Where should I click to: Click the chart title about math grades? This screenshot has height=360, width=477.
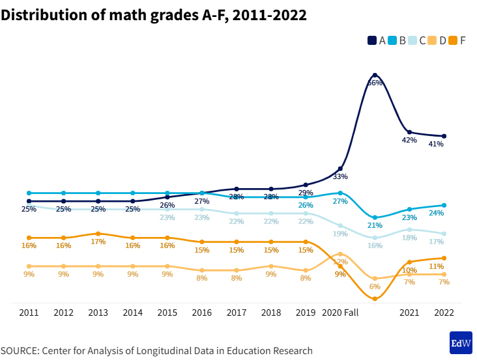154,15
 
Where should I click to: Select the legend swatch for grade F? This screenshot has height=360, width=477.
454,40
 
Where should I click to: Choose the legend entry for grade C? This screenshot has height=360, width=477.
418,40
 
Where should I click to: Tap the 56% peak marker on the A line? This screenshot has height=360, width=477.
375,76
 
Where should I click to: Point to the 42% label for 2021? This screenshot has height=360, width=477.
409,140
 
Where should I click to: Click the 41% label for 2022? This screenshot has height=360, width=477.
436,144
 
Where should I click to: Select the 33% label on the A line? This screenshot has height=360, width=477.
340,176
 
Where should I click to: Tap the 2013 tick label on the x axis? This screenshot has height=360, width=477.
98,313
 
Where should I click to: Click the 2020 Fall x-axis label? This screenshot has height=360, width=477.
341,313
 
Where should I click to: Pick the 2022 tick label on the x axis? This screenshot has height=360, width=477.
444,313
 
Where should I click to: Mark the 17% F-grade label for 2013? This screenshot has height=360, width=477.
98,242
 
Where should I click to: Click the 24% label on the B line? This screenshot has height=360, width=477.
436,213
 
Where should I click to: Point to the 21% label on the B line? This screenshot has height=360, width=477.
375,225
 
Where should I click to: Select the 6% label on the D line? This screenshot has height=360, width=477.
375,286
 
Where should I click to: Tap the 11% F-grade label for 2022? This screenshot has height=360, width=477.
436,266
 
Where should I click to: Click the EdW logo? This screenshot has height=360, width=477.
461,342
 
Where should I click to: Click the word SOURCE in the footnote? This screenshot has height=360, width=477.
20,351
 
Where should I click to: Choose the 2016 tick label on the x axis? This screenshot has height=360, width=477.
202,313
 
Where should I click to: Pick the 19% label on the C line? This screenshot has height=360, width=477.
340,234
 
